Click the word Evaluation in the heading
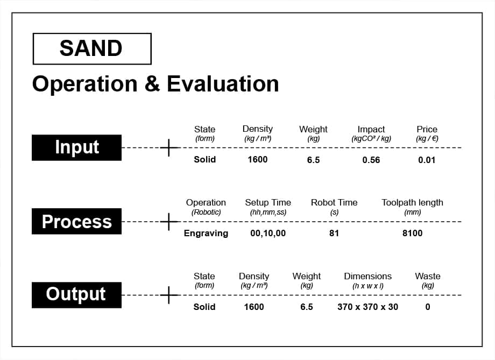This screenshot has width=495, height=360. pyautogui.click(x=223, y=84)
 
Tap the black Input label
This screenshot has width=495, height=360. pyautogui.click(x=77, y=147)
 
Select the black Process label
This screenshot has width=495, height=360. pyautogui.click(x=77, y=221)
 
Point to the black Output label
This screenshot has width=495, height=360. pyautogui.click(x=77, y=295)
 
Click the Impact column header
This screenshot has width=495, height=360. pyautogui.click(x=371, y=129)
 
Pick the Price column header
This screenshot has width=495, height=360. pyautogui.click(x=427, y=129)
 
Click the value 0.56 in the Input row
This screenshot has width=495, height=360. pyautogui.click(x=371, y=160)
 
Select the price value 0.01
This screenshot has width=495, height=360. pyautogui.click(x=427, y=160)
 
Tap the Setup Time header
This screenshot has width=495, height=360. pyautogui.click(x=268, y=202)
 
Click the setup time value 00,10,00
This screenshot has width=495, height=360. pyautogui.click(x=268, y=233)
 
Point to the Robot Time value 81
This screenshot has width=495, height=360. pyautogui.click(x=334, y=233)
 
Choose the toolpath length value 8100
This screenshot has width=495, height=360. pyautogui.click(x=412, y=233)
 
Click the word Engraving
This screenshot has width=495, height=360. pyautogui.click(x=206, y=234)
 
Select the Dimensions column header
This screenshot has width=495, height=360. pyautogui.click(x=368, y=276)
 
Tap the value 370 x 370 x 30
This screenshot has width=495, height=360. pyautogui.click(x=368, y=307)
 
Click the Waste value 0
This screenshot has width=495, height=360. pyautogui.click(x=428, y=307)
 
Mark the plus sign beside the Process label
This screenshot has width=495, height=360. pyautogui.click(x=169, y=222)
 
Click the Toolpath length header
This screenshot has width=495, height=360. pyautogui.click(x=412, y=202)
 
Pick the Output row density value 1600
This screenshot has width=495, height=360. pyautogui.click(x=254, y=307)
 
